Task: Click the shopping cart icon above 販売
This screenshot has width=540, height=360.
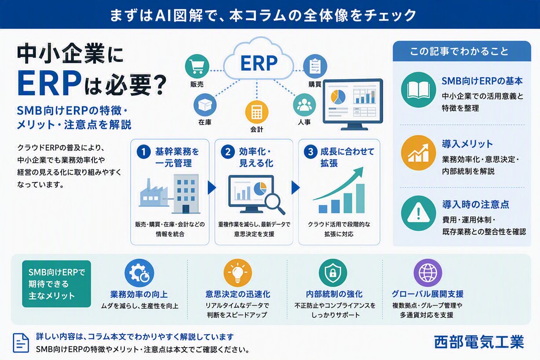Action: (197, 66)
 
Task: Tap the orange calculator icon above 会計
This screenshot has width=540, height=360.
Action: (257, 112)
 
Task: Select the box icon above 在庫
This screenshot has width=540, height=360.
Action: (205, 105)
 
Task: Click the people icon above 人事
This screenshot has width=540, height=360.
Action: (304, 105)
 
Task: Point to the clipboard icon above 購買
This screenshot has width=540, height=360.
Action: (315, 66)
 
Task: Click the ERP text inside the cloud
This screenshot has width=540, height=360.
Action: (259, 63)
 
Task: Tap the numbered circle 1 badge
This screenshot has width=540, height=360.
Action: (144, 152)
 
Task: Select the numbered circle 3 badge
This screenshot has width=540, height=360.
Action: (310, 152)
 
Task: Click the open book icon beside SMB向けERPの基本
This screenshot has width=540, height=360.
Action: (419, 90)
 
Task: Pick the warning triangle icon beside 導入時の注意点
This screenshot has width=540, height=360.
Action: (419, 213)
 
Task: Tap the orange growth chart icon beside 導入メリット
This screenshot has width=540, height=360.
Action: (419, 153)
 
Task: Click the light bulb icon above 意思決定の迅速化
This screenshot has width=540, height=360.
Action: (238, 273)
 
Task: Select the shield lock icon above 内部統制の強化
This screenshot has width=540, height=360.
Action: (333, 273)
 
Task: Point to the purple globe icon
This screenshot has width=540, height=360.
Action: (428, 273)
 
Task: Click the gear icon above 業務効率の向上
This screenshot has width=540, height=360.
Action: (139, 273)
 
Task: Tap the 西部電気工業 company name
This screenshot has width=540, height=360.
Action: (479, 342)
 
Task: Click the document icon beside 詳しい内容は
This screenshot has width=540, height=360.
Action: (21, 343)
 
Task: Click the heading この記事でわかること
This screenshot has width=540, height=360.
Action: (459, 51)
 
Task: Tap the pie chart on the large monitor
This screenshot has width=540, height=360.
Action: (338, 97)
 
